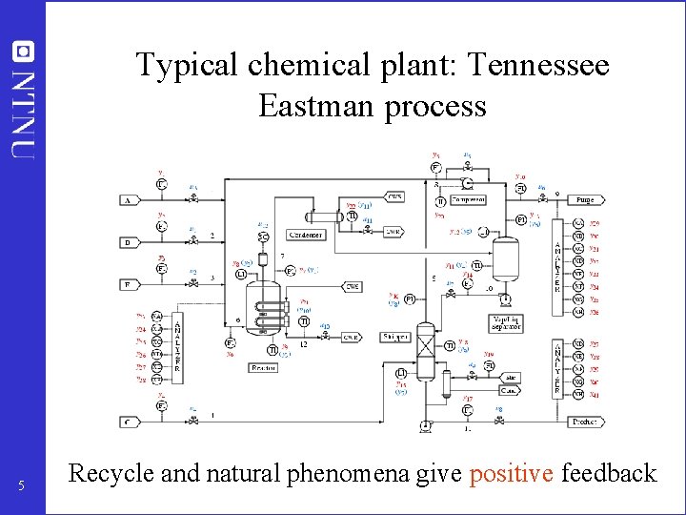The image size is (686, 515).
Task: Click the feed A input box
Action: point(127,201)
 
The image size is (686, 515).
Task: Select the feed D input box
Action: point(127,242)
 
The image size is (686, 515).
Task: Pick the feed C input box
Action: point(127,422)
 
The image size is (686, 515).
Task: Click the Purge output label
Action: point(584,200)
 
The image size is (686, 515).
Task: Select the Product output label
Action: point(583,422)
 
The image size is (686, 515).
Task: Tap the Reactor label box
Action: point(263,367)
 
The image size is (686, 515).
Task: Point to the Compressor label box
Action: point(468,201)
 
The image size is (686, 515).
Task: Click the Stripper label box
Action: point(394,337)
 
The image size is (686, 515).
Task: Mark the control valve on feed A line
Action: point(193,199)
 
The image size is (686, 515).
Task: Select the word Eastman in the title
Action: point(316,106)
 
